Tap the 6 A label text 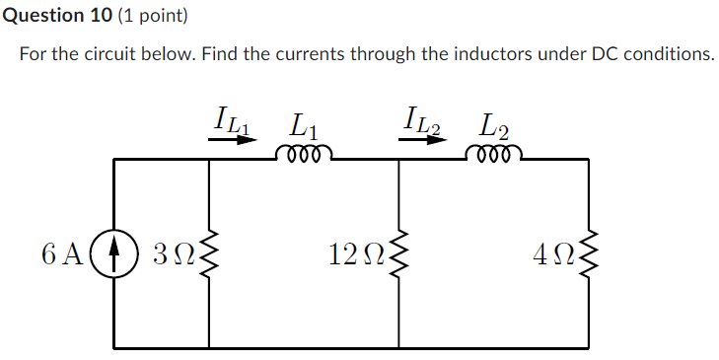pyautogui.click(x=64, y=253)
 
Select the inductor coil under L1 pyautogui.click(x=304, y=154)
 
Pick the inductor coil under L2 pyautogui.click(x=493, y=154)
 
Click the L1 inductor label pyautogui.click(x=304, y=126)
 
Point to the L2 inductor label pyautogui.click(x=494, y=126)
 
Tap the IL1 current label pyautogui.click(x=233, y=119)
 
